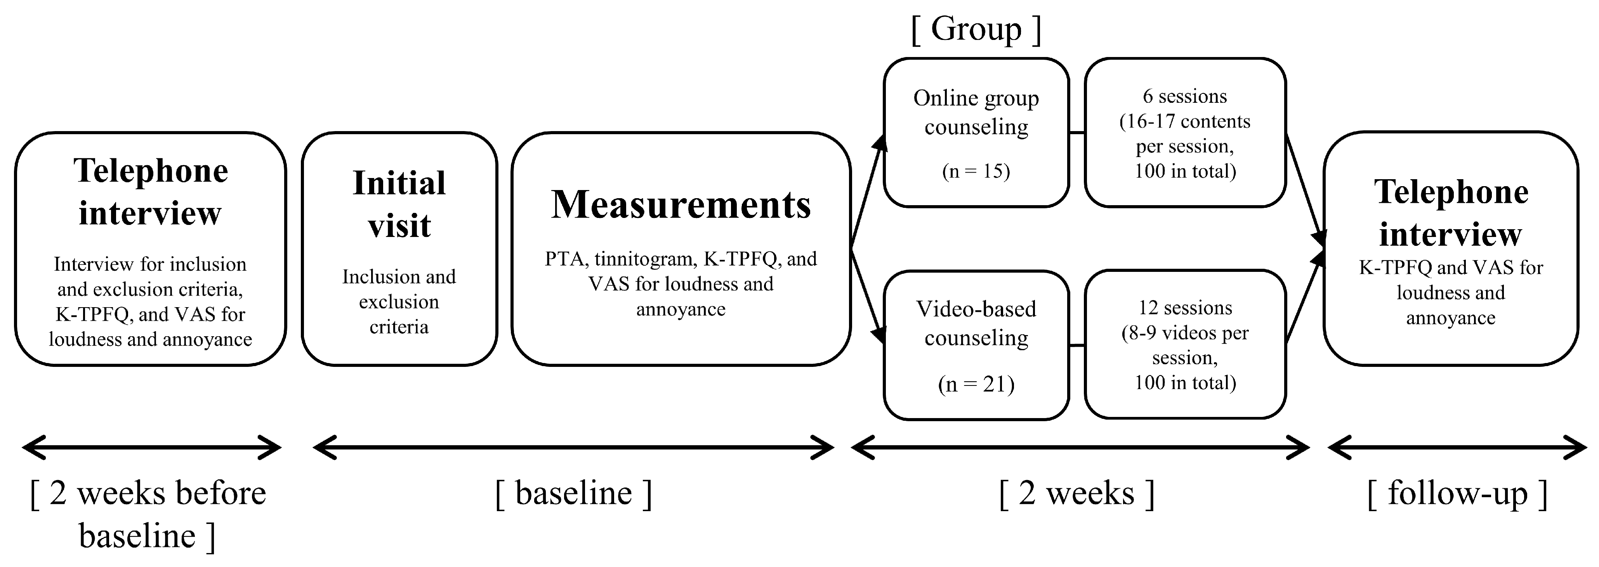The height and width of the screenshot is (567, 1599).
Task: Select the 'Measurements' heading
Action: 681,205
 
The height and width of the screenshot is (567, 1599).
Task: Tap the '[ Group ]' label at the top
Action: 976,29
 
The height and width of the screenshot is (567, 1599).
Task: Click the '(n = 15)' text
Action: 976,171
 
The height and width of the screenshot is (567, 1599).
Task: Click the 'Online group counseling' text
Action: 976,112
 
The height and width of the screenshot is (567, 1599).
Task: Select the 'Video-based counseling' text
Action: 976,323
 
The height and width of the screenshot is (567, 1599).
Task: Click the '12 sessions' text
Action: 1184,308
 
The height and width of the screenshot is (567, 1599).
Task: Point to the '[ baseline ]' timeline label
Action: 573,494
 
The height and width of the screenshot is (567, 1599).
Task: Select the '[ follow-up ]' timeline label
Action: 1457,494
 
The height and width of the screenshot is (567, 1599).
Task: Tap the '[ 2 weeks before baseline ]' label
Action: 148,514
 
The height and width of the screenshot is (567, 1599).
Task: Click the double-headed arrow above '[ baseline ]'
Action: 573,447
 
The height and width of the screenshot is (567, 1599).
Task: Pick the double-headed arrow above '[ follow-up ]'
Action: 1457,447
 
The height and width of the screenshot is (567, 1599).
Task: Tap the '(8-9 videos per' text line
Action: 1184,333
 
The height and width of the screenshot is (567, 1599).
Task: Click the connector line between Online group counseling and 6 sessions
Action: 1077,132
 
